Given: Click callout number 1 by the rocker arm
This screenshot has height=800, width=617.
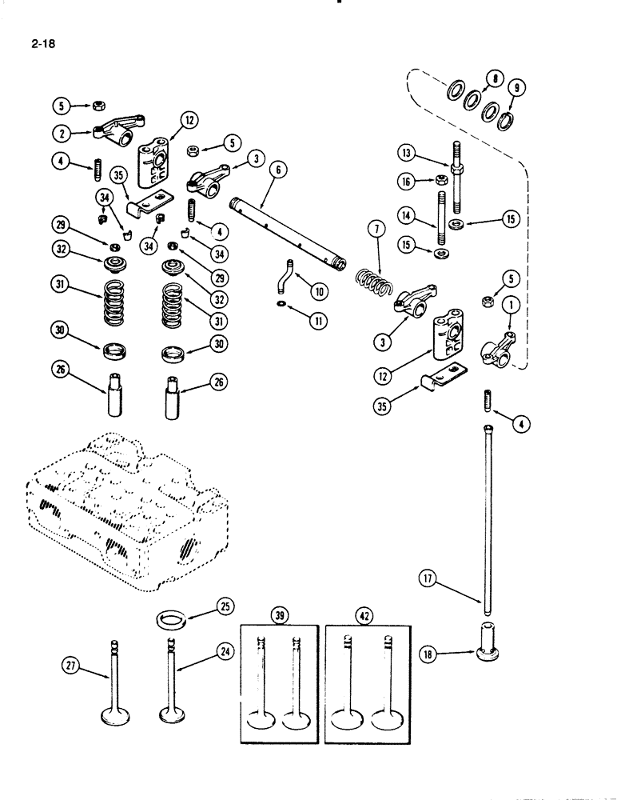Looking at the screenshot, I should (x=508, y=305).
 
